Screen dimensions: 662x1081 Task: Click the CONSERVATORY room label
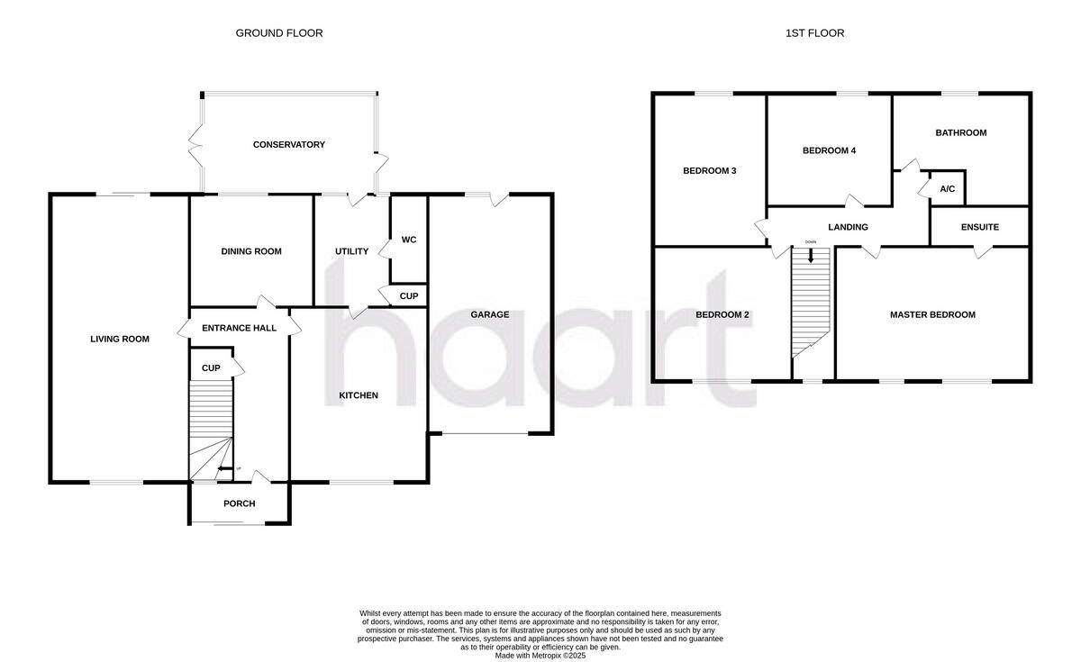pos(288,145)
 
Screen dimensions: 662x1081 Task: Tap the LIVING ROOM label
pos(120,340)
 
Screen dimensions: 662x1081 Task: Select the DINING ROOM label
pos(251,251)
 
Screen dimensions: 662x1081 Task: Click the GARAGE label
pos(490,315)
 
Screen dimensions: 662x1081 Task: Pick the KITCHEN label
pos(359,395)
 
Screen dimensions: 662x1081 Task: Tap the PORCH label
pos(239,503)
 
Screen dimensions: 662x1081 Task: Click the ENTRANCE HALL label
pos(239,328)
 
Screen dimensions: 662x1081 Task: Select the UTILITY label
pos(351,251)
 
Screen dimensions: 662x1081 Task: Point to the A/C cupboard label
pos(947,189)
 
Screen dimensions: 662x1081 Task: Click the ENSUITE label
pos(980,227)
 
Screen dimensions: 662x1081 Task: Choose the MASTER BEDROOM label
pos(932,315)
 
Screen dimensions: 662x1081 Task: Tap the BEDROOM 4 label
pos(829,150)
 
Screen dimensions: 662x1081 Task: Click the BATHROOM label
pos(960,132)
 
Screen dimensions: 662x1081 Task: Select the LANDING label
pos(849,227)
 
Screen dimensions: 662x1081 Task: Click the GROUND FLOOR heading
pos(279,33)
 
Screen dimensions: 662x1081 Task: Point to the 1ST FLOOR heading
pos(814,33)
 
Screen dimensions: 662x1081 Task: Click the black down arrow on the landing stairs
pos(811,255)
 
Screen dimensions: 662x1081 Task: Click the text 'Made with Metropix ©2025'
pos(540,656)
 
